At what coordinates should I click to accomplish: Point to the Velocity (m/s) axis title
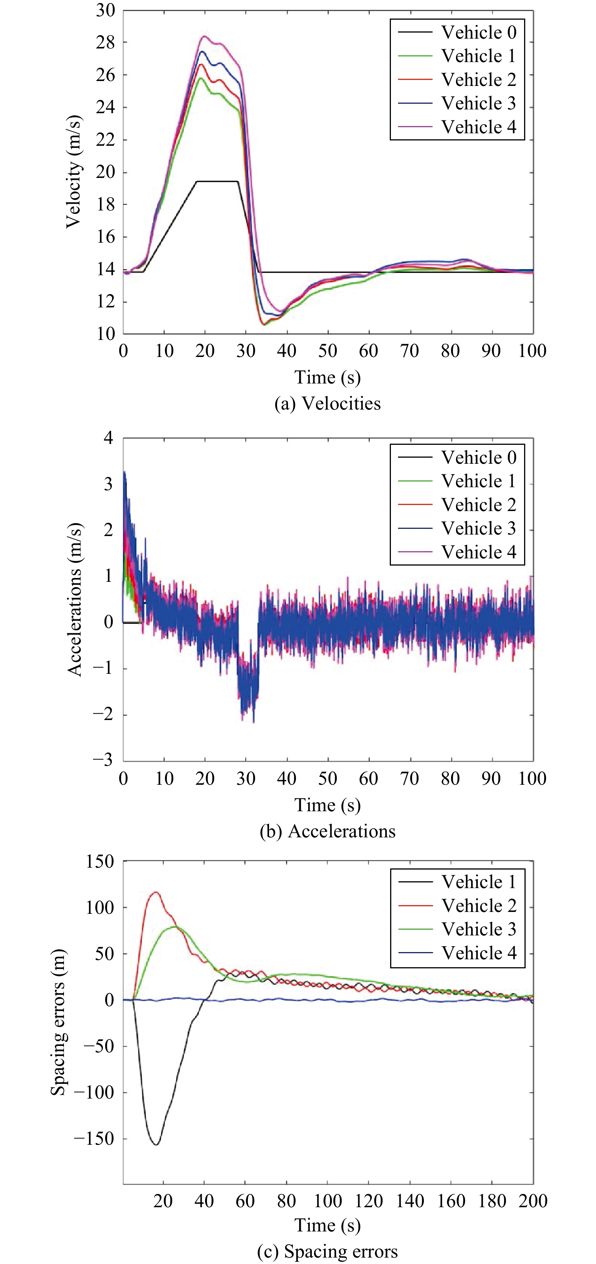(73, 172)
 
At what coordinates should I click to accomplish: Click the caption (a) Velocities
(327, 403)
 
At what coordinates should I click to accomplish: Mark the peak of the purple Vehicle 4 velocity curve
(204, 36)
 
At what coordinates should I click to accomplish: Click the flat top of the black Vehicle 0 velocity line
(217, 182)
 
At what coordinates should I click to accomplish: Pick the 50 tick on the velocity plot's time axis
(327, 351)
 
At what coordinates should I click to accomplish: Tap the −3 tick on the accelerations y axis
(103, 760)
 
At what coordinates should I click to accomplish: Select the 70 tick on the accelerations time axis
(409, 779)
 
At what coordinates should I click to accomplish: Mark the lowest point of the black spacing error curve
(156, 1144)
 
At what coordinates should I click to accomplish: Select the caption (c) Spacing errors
(327, 1251)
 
